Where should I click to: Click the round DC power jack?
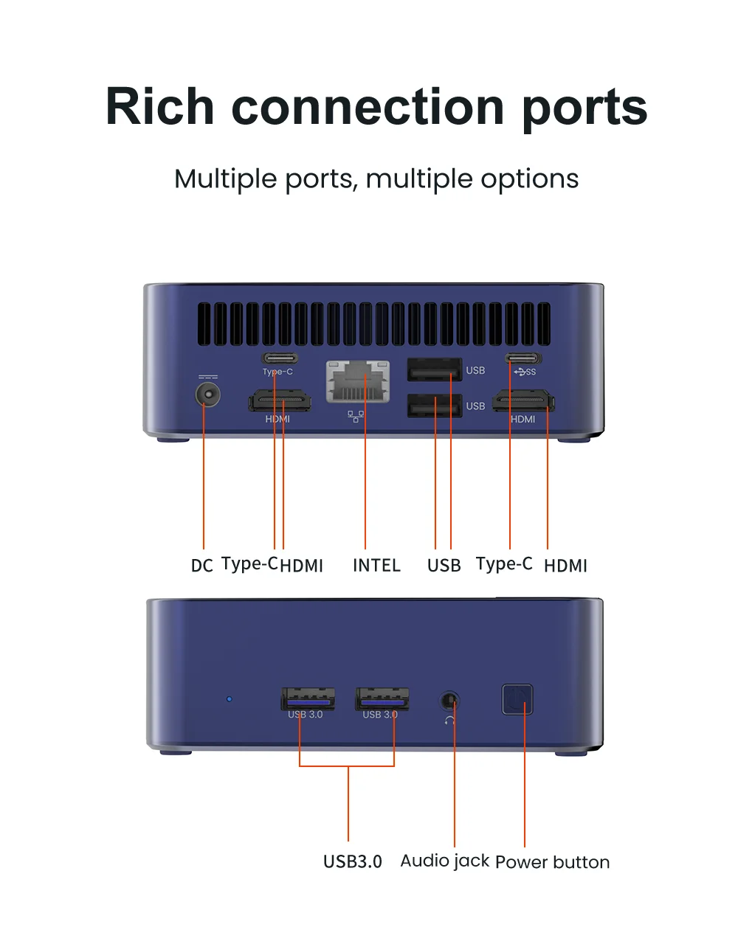(x=208, y=395)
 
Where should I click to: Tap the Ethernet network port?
(x=358, y=381)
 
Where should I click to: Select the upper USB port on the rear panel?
(x=435, y=369)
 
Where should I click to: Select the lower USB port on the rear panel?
(x=435, y=406)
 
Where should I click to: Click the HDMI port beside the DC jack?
(x=279, y=402)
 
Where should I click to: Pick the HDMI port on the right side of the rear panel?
(x=523, y=402)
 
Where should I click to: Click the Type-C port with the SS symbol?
(x=523, y=358)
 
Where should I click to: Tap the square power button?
(x=517, y=699)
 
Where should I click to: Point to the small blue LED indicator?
(x=229, y=698)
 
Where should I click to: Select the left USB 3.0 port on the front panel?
(x=308, y=698)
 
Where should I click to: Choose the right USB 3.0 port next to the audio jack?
(x=382, y=698)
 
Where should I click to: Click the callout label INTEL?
(x=376, y=566)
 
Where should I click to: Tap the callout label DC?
(x=201, y=566)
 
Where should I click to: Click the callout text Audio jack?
(x=444, y=861)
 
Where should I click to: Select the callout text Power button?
(x=552, y=862)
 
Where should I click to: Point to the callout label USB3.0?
(x=352, y=861)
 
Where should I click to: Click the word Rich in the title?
(x=159, y=107)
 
